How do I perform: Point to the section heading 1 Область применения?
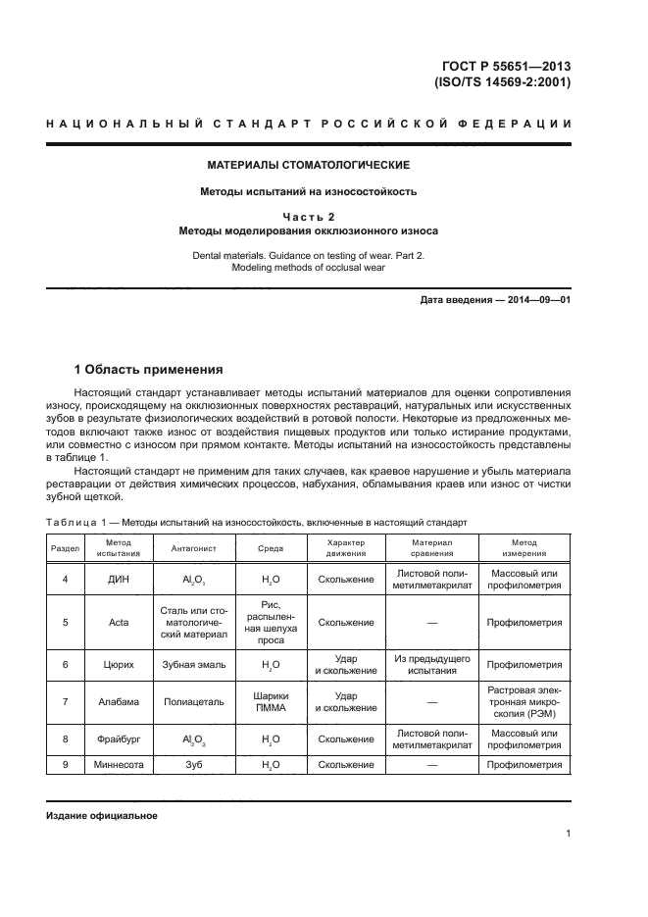(x=149, y=370)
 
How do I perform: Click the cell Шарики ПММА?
(x=270, y=703)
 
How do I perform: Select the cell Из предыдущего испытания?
(x=432, y=664)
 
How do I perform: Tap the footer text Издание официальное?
(x=102, y=815)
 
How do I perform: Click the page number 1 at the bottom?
(x=568, y=834)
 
